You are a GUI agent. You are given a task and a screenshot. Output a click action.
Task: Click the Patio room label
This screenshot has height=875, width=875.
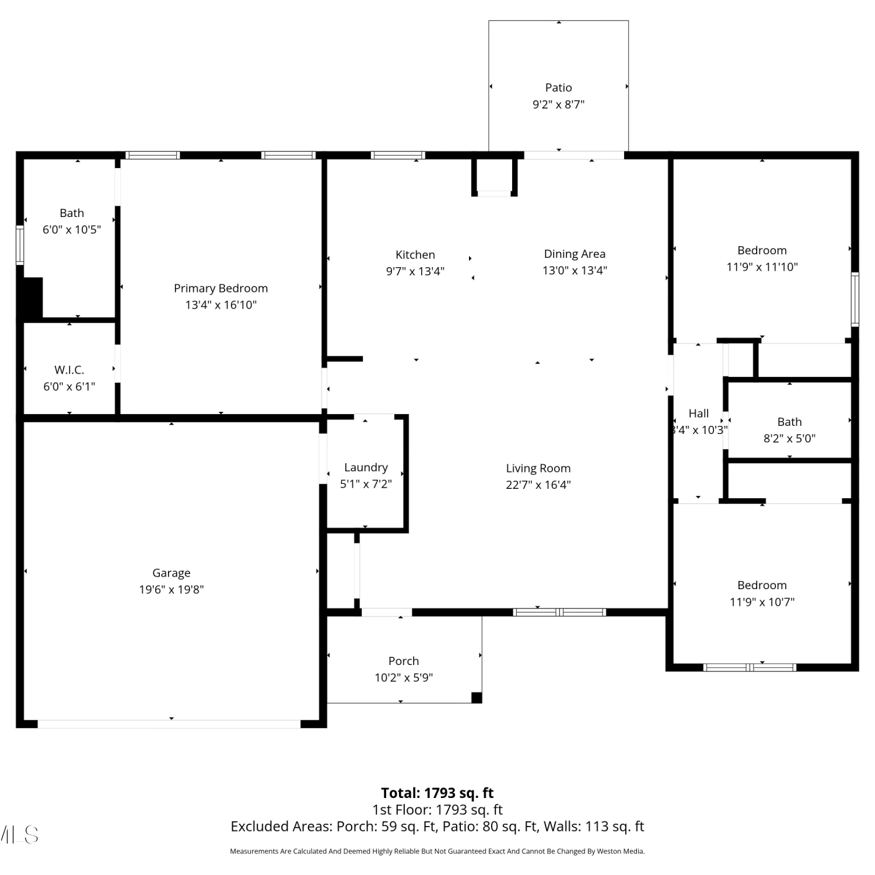(558, 87)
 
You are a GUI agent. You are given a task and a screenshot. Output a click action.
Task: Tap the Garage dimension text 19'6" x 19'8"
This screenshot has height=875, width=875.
(171, 589)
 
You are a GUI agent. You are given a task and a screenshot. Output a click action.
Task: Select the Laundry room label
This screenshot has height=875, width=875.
(366, 467)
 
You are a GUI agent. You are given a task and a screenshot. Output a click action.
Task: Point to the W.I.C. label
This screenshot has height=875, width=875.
(69, 370)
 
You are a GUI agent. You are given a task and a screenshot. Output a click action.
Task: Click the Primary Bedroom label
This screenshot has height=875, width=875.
(220, 288)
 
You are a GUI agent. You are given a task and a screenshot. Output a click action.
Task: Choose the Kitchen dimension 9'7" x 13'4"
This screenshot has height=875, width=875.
(415, 271)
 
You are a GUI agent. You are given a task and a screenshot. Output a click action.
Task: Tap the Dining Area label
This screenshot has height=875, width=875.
(575, 254)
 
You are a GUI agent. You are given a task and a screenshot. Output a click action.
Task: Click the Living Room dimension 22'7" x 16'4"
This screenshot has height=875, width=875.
(538, 484)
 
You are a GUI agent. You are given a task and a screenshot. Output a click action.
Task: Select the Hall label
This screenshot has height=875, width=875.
(698, 414)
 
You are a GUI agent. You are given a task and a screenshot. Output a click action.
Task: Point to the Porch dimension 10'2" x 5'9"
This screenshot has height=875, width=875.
(404, 677)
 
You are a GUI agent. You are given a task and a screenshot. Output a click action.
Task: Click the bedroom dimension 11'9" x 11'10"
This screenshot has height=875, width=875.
(762, 267)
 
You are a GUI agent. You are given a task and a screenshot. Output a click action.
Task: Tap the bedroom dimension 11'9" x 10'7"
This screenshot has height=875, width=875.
(762, 601)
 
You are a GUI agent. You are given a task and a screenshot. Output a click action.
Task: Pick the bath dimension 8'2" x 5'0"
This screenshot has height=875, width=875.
(789, 438)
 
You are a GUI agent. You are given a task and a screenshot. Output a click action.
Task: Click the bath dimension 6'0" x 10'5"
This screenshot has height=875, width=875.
(72, 229)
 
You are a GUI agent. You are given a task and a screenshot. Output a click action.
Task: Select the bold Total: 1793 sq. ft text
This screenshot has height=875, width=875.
(437, 793)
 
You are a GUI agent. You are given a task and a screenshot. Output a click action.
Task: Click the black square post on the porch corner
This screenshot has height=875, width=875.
(477, 697)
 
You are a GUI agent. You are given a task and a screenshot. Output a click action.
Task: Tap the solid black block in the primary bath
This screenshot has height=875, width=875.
(33, 297)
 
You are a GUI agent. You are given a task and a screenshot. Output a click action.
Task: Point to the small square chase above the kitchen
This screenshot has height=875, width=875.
(494, 177)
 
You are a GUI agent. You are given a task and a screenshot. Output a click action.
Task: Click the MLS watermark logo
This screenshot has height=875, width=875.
(19, 835)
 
